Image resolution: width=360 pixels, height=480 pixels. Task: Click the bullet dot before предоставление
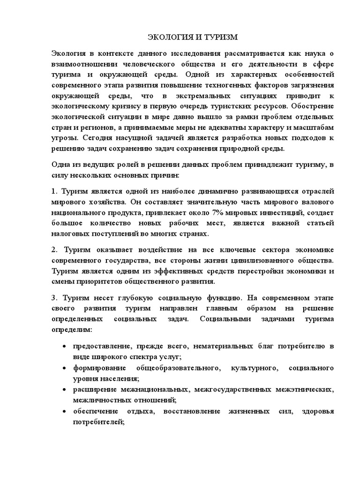64,347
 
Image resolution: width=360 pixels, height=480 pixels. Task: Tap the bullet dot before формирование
64,368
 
